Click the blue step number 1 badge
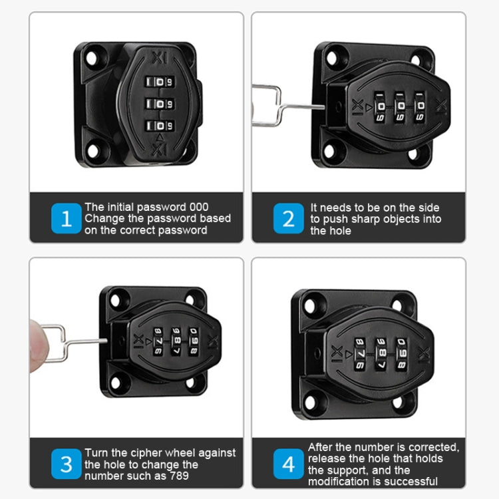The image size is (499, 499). tap(67, 219)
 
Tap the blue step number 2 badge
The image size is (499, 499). tap(288, 219)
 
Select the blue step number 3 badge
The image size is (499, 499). tap(67, 464)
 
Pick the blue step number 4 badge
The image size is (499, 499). tap(288, 464)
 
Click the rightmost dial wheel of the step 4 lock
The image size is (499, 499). tap(401, 352)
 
